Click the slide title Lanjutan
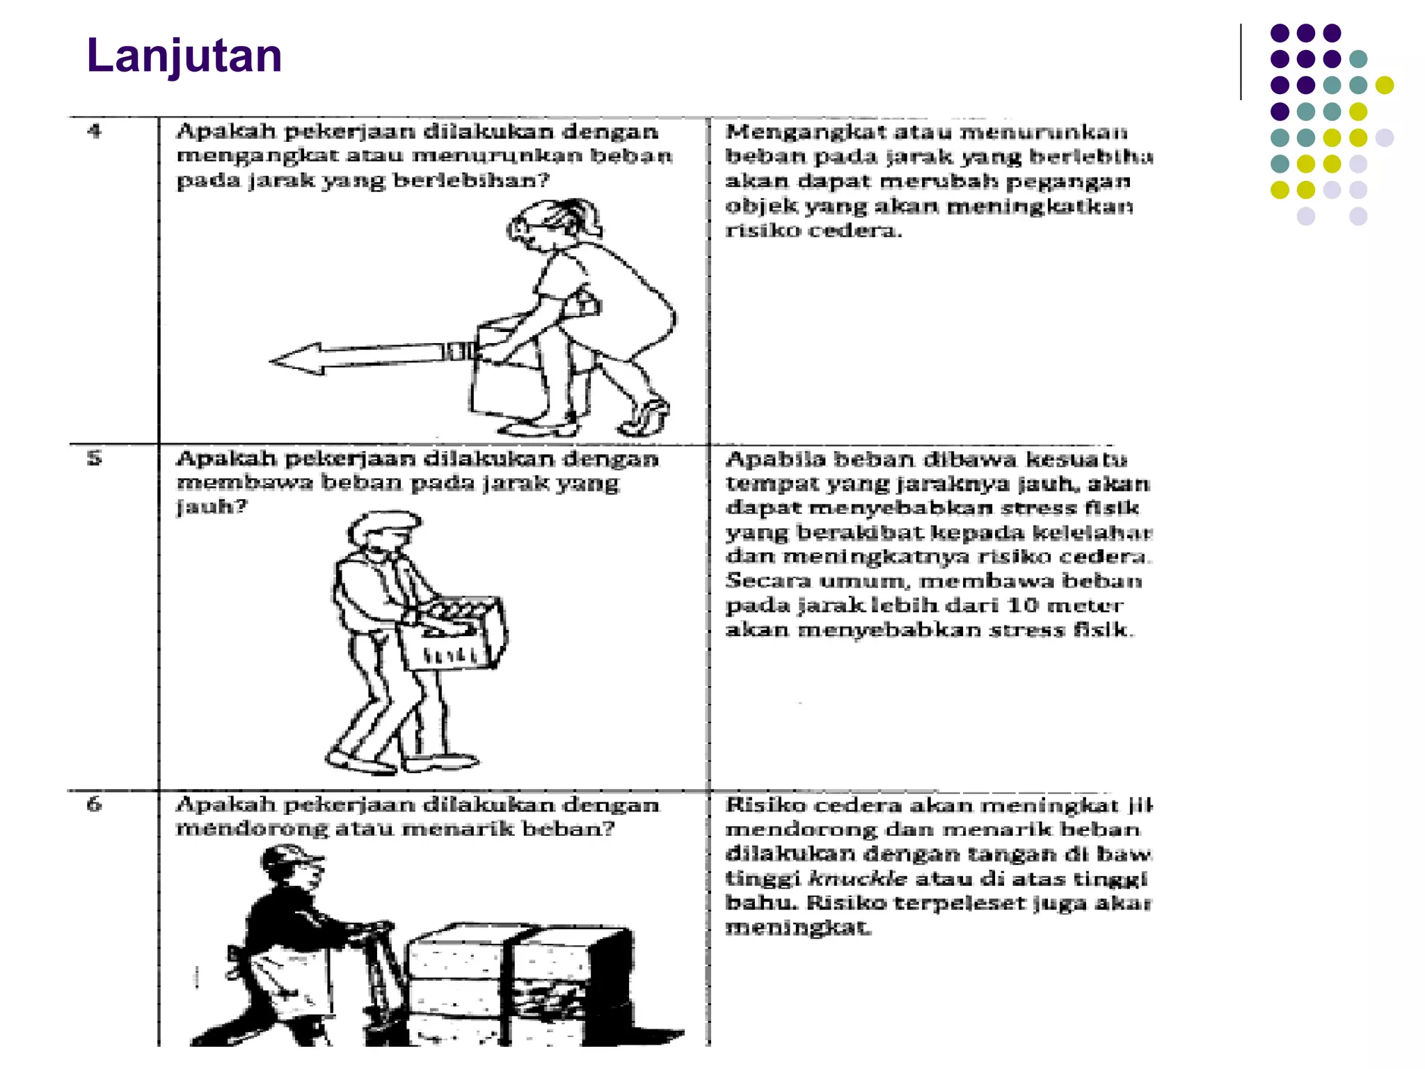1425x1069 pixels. [x=184, y=56]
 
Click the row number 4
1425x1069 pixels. [x=95, y=131]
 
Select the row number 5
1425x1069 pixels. [x=95, y=458]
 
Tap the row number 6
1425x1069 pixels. [x=95, y=804]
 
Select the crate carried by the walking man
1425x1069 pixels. [x=452, y=633]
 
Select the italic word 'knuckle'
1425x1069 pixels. [x=858, y=878]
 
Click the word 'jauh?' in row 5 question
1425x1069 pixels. [x=212, y=506]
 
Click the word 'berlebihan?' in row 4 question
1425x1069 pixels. [x=471, y=180]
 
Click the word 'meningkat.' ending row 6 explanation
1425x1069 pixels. [x=797, y=927]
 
